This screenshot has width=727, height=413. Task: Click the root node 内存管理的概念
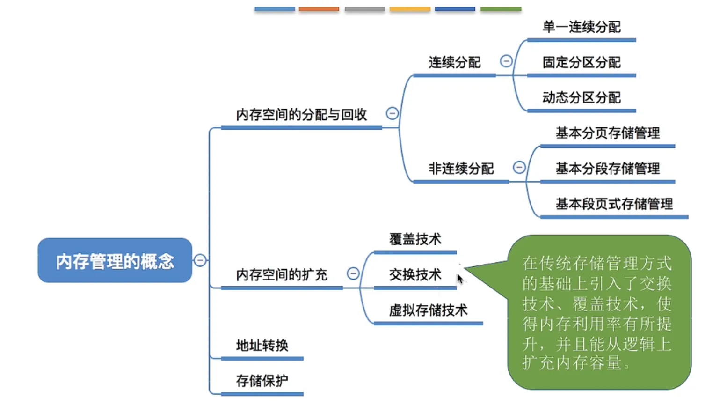coord(115,260)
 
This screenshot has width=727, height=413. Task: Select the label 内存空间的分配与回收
coord(301,114)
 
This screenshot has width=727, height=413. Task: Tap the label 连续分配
coord(454,62)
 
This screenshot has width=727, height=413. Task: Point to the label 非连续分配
coord(461,169)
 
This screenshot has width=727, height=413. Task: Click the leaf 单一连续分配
coord(581,27)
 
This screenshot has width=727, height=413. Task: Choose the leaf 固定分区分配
coord(581,62)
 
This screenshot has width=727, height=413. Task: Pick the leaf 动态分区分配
coord(581,97)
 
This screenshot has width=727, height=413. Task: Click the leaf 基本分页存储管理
coord(607,133)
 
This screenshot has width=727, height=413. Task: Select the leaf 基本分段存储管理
coord(607,169)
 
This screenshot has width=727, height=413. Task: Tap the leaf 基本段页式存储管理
coord(614,204)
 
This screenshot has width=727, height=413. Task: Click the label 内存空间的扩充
coord(281,274)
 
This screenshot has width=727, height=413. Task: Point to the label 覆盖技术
coord(415,239)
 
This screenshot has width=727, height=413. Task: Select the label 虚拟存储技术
coord(428,310)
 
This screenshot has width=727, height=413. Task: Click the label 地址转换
coord(262,346)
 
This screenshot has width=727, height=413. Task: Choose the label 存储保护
coord(262,381)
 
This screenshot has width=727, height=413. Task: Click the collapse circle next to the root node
coord(200,260)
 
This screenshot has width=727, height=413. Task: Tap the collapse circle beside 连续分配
coord(506,61)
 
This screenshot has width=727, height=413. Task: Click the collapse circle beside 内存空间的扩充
coord(353,273)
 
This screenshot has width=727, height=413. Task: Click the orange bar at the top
coord(319,9)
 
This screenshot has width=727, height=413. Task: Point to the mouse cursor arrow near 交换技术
coord(459,279)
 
